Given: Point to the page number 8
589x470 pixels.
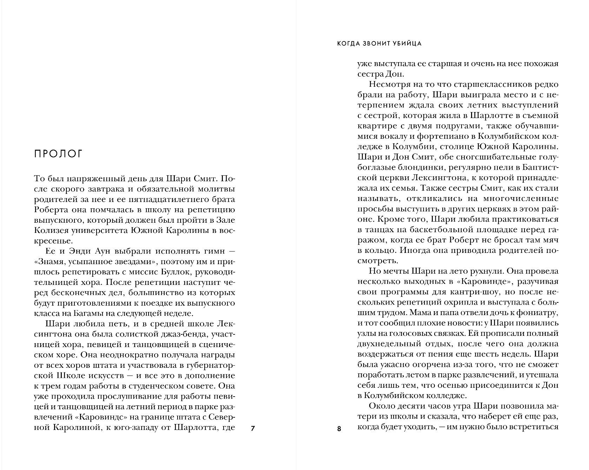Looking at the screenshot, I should coord(339,429).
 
